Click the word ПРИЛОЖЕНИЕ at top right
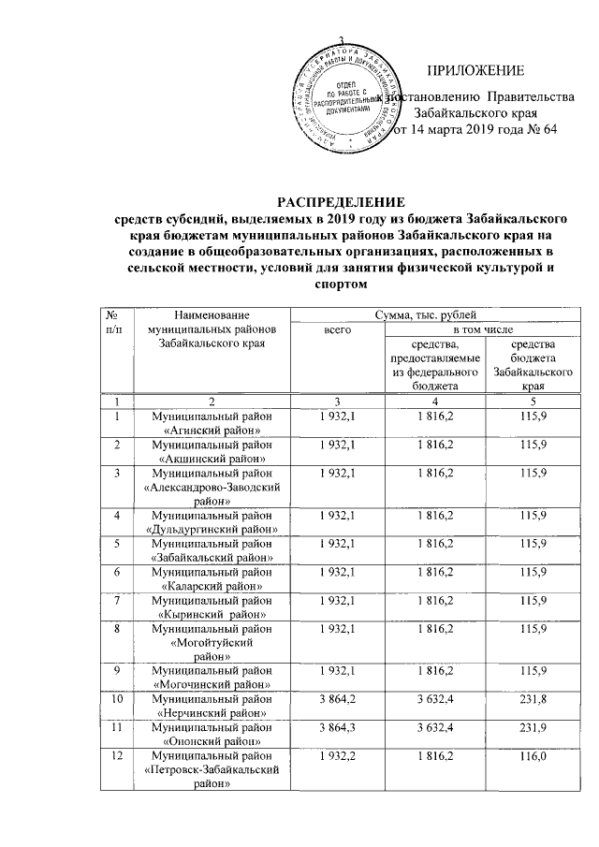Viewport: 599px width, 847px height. (x=475, y=72)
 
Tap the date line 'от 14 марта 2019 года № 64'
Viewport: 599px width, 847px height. (x=472, y=130)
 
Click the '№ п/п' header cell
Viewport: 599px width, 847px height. (x=114, y=325)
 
